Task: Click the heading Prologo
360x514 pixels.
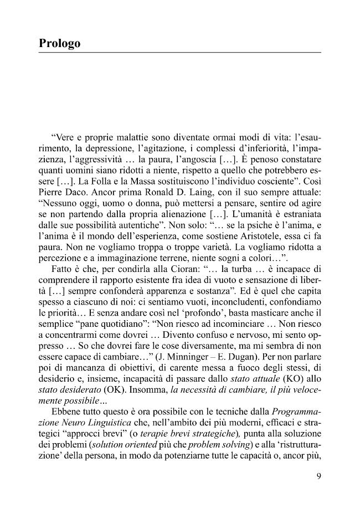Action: click(60, 43)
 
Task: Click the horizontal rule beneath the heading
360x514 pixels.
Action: click(180, 53)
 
